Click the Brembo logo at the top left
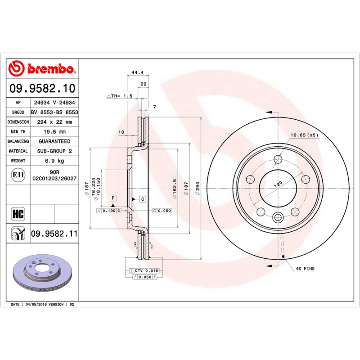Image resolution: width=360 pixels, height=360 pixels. [41, 68]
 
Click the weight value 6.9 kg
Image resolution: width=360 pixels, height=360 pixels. [54, 161]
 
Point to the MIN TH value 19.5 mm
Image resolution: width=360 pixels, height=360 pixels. [54, 131]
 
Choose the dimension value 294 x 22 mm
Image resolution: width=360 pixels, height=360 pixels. [54, 122]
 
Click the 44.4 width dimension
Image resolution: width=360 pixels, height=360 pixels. [137, 72]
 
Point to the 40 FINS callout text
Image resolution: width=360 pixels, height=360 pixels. [305, 269]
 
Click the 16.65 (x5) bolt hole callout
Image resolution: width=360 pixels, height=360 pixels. [304, 135]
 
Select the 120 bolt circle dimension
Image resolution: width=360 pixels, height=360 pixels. [279, 184]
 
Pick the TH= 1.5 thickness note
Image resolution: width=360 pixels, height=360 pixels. [119, 96]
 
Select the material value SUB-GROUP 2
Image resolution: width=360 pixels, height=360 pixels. [54, 151]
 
